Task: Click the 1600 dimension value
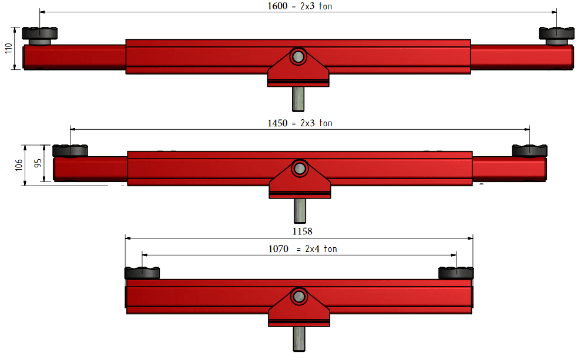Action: click(277, 6)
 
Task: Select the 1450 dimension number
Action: click(277, 123)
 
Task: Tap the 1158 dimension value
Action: click(302, 231)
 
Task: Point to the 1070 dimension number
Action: click(278, 248)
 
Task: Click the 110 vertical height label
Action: click(9, 48)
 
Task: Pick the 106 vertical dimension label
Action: click(19, 165)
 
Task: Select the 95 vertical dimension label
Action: click(38, 163)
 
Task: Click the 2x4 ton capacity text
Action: click(321, 248)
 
